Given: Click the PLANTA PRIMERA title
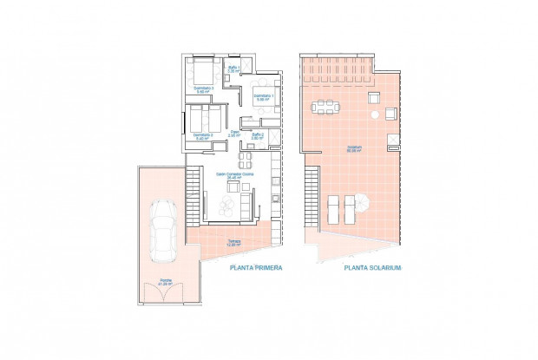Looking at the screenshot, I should [x=256, y=269].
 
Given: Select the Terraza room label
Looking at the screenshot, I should [x=234, y=243].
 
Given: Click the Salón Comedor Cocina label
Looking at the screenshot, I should [x=235, y=175].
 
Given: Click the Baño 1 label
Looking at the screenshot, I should [x=234, y=69].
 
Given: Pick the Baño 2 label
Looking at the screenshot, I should [x=259, y=136].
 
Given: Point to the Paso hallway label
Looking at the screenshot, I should [x=234, y=134].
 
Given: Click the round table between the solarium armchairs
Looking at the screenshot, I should [x=373, y=114].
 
